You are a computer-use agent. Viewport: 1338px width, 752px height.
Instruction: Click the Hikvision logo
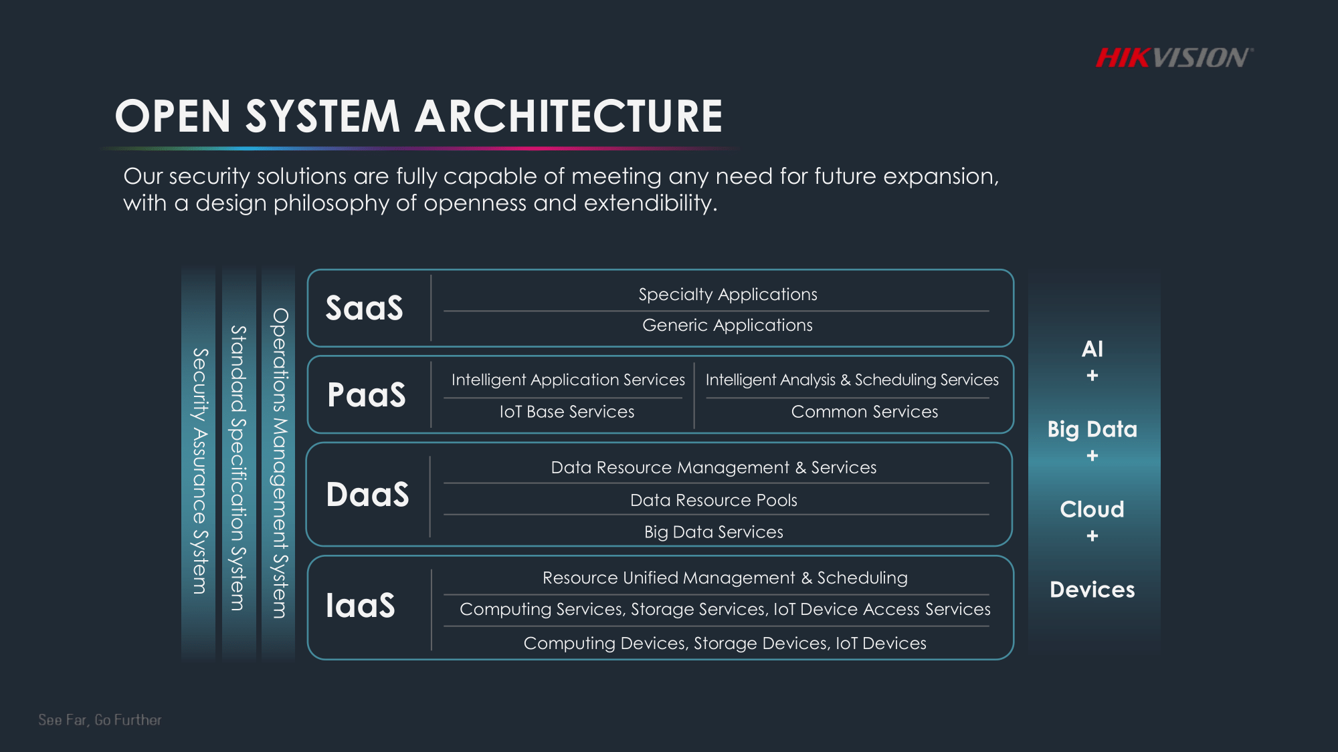point(1174,58)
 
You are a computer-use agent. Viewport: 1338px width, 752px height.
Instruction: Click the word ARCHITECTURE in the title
point(569,116)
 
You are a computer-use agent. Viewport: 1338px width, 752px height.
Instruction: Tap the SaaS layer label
point(365,308)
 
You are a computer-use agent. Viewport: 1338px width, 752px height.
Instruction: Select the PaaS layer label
point(367,394)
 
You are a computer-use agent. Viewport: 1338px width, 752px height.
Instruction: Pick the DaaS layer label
point(367,495)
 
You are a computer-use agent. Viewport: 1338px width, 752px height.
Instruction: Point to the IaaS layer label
point(361,606)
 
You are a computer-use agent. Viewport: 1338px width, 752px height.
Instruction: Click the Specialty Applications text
point(728,294)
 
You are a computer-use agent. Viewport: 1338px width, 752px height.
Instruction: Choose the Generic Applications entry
point(727,326)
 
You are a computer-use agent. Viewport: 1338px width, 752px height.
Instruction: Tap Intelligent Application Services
point(568,380)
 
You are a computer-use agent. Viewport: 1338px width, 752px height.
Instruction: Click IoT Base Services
point(567,412)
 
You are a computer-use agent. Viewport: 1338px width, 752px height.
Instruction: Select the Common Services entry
point(864,412)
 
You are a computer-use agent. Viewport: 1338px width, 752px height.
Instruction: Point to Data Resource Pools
point(714,500)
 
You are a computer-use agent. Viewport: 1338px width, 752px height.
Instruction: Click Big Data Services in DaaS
point(714,532)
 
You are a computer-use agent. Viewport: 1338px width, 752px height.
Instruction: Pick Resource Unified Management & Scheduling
point(725,578)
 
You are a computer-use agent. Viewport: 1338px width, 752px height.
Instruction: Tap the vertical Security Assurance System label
point(199,471)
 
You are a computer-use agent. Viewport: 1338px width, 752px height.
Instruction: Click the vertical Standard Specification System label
point(238,468)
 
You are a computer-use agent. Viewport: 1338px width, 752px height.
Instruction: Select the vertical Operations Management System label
point(279,463)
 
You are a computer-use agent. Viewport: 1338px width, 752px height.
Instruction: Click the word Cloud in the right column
point(1092,509)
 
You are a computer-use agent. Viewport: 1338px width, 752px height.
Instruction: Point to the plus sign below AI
point(1092,376)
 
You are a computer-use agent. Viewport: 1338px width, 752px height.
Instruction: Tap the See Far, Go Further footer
point(100,720)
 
